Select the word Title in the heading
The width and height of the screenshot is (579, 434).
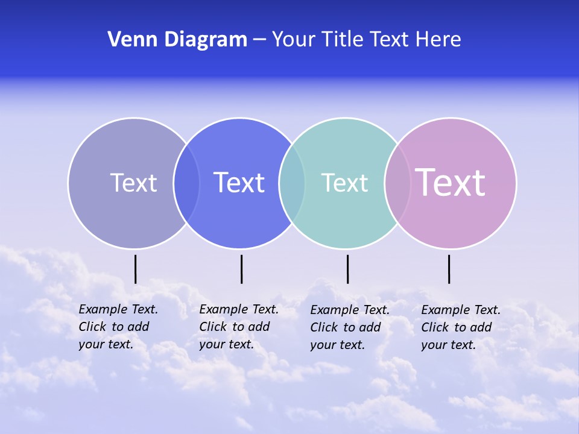342,40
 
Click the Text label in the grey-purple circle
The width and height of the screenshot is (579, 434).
133,183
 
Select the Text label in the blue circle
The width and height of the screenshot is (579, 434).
239,183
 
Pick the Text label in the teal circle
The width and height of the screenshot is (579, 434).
344,183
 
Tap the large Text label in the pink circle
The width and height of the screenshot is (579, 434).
450,183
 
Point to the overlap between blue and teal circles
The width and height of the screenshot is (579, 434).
292,183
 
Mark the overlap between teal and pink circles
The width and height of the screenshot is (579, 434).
397,183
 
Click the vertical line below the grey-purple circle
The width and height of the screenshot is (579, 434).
136,269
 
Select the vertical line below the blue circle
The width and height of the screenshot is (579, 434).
241,269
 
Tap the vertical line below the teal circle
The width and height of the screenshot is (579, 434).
347,269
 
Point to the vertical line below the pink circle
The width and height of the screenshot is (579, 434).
449,269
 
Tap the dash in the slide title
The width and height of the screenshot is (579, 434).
259,40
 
